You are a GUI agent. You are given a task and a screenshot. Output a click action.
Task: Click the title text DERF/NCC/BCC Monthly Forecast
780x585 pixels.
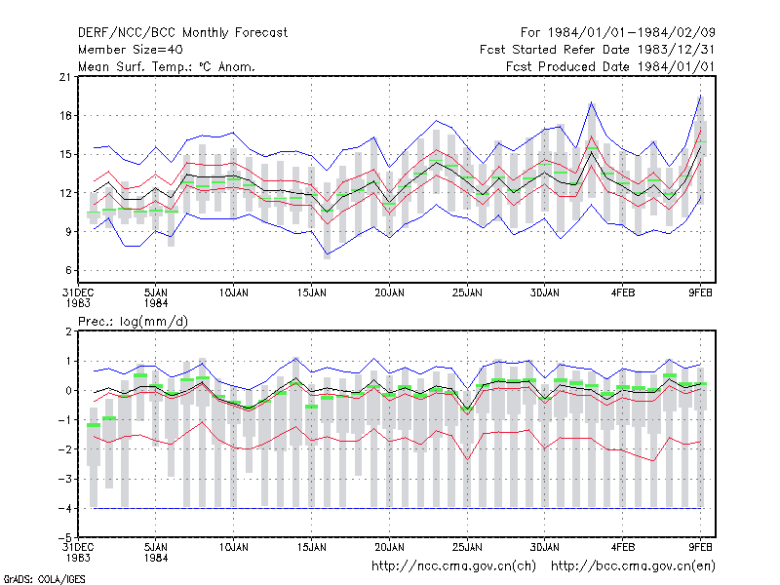182,33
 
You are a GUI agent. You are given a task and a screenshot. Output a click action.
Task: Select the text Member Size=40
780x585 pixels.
131,50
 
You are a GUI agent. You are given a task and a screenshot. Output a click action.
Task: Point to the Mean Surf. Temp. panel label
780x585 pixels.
167,66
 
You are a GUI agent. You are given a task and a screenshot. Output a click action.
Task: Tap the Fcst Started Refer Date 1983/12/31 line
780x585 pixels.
597,50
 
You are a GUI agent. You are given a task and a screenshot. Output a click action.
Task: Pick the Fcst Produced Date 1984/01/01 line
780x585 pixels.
610,66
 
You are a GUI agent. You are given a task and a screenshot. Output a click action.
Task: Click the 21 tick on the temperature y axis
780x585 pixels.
65,77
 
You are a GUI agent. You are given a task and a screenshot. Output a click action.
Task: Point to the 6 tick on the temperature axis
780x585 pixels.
68,271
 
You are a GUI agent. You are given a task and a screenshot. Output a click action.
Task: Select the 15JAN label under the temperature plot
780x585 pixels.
312,293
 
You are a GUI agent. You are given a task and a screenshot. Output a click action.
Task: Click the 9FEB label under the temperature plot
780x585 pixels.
700,293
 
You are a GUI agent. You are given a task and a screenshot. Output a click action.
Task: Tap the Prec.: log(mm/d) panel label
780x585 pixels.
133,322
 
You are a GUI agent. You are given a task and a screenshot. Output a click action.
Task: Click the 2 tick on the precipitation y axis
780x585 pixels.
68,331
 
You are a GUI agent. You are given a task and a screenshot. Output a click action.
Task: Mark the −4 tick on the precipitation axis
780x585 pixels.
65,508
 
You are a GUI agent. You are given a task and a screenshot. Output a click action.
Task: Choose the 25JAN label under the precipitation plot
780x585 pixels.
467,548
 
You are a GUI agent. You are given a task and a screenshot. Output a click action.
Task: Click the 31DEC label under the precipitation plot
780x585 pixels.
78,548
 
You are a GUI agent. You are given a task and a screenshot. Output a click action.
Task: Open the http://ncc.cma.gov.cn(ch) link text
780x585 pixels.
453,566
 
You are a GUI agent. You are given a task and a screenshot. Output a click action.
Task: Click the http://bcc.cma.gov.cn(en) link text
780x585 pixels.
633,566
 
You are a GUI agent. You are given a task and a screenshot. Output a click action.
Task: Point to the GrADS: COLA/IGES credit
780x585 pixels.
44,579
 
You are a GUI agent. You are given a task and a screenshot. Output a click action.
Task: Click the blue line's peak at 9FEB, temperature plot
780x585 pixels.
700,95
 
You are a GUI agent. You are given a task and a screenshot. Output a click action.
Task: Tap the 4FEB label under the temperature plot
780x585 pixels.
623,293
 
